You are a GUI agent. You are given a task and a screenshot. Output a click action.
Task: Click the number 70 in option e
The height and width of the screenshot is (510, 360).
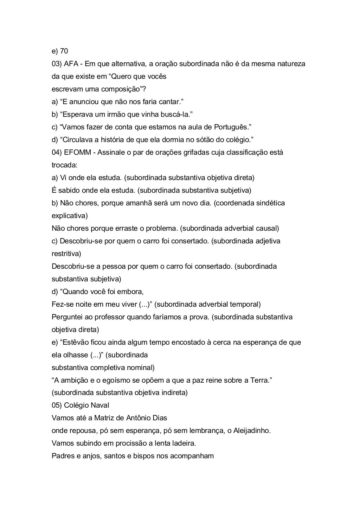tap(64, 51)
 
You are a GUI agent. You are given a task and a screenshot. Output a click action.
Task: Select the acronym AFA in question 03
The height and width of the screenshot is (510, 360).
tap(71, 64)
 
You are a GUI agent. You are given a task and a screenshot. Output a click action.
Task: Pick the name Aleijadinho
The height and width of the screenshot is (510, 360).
tap(251, 431)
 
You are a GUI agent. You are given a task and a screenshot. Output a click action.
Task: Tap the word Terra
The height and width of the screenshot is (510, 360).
tap(259, 380)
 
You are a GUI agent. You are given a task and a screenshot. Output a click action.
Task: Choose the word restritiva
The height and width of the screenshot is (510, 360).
tap(66, 254)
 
